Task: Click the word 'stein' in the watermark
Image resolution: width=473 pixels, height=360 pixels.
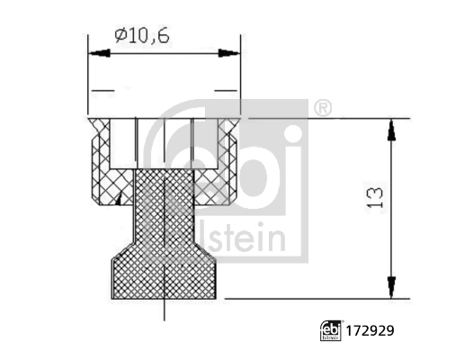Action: click(254, 240)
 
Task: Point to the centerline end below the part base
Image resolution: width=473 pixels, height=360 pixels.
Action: click(165, 315)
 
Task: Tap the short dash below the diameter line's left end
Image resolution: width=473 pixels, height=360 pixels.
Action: click(103, 92)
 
